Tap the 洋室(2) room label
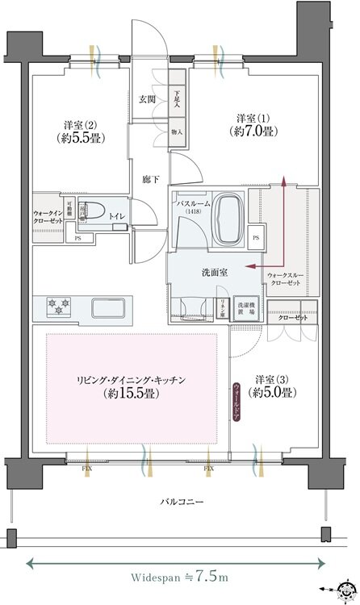click(81, 132)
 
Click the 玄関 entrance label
click(147, 99)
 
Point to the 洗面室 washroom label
click(214, 273)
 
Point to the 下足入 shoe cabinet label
click(177, 99)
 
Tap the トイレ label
click(117, 215)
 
